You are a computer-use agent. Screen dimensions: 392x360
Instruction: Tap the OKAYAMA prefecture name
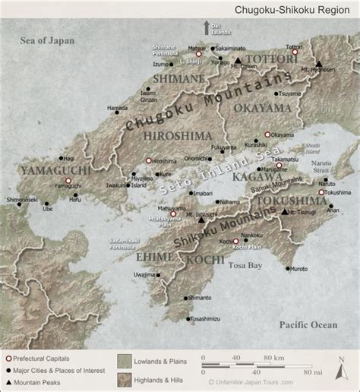pyautogui.click(x=263, y=108)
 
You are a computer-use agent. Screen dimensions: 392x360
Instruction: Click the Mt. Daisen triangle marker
pyautogui.click(x=238, y=59)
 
